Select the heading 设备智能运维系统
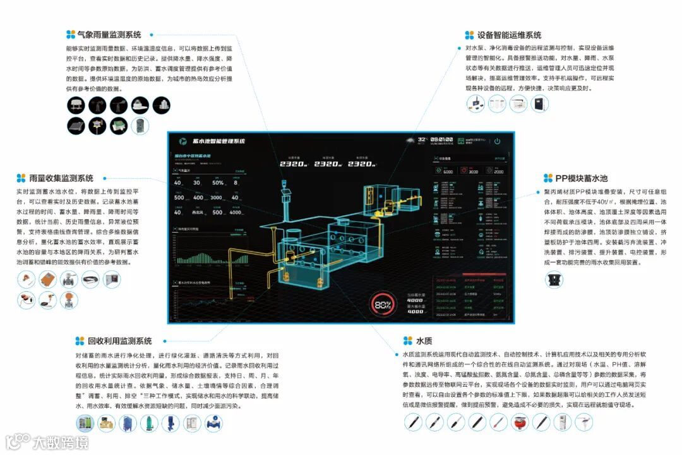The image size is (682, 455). tap(509, 35)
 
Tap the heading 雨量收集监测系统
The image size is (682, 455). tap(61, 178)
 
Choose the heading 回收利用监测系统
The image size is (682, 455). tap(119, 341)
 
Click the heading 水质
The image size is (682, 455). tap(423, 341)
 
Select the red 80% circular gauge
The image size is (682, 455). tap(383, 305)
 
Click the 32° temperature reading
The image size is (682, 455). tap(422, 138)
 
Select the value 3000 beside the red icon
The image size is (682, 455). tap(473, 171)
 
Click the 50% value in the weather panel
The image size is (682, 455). tap(218, 183)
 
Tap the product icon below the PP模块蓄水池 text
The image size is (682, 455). tap(554, 279)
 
